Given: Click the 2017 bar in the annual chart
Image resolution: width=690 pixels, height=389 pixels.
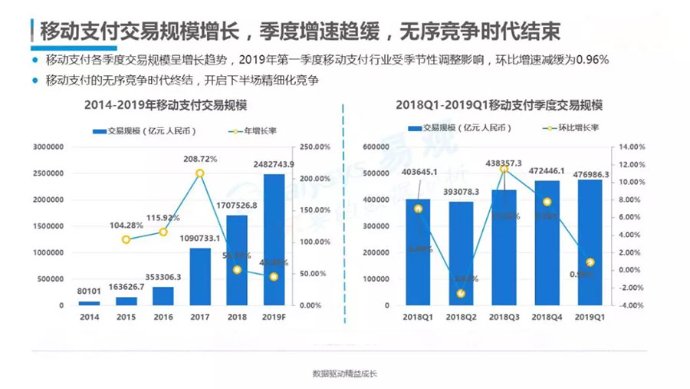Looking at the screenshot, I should pos(200,276).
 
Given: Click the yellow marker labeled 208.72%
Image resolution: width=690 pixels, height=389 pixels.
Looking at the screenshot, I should pos(200,173).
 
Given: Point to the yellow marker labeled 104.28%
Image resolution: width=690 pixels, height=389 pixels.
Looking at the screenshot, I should pos(127,239).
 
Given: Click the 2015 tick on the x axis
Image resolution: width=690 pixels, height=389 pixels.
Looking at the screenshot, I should pos(127,316).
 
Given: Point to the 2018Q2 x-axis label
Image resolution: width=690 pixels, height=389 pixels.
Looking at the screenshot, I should pos(461,316).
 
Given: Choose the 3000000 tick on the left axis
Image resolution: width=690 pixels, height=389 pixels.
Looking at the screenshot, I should pos(48,147).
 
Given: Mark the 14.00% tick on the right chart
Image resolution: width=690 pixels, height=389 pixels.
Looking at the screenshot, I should pos(631,147).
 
